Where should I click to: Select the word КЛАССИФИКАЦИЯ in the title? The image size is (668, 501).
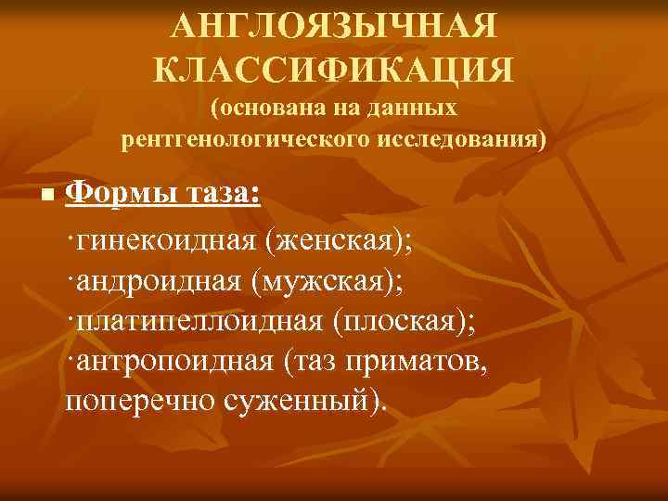tap(334, 69)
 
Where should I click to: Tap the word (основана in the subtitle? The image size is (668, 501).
tap(268, 109)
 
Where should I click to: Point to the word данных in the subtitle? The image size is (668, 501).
tap(413, 109)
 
